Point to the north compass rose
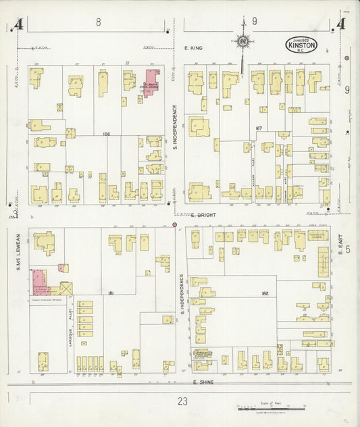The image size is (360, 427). point(242,42)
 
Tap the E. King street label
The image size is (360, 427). point(193,49)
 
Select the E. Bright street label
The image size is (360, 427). point(202,216)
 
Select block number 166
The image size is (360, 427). point(106,134)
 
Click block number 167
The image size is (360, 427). point(258,128)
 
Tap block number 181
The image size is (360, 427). point(109,293)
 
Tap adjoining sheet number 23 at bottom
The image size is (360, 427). point(182,401)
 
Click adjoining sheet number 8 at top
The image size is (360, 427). point(99,22)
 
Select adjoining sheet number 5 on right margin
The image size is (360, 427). point(348,250)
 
